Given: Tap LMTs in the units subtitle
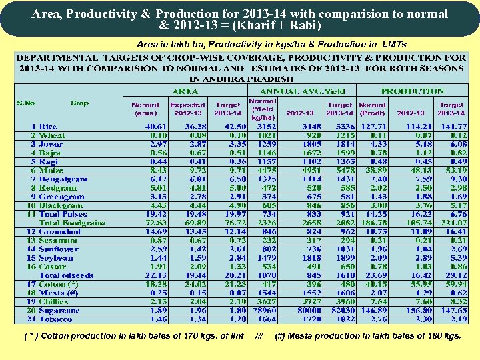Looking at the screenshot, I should tap(393, 44).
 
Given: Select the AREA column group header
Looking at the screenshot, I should tap(185, 91).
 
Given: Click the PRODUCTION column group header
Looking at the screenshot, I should tap(412, 91).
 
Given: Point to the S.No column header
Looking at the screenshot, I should tap(26, 103).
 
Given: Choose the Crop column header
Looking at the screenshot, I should tap(79, 103).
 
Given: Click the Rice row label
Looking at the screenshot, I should tap(48, 127).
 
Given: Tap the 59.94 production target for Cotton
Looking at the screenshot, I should tap(452, 284).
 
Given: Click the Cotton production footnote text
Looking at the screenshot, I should tap(133, 335).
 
